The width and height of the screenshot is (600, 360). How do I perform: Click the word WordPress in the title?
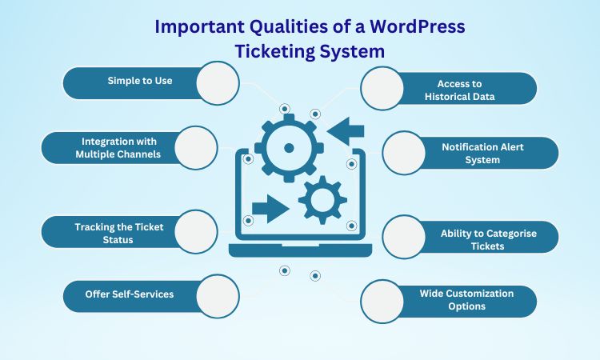(418, 26)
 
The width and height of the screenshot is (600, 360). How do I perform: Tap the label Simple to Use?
(140, 81)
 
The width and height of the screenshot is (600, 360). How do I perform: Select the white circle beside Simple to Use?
(218, 83)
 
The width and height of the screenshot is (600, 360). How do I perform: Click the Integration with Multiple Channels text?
(118, 148)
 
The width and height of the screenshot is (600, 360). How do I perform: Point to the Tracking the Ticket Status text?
(119, 233)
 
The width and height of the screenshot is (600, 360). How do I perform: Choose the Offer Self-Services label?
(130, 294)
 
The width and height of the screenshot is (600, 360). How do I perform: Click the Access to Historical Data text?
(459, 90)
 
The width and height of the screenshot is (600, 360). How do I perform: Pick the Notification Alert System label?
(482, 153)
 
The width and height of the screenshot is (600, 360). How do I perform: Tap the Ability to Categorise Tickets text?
(488, 239)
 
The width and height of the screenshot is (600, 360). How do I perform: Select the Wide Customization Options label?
(466, 299)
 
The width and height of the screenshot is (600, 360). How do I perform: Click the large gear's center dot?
(289, 148)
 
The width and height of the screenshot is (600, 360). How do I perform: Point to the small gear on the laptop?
(322, 200)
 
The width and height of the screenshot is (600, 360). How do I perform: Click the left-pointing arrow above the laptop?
(346, 132)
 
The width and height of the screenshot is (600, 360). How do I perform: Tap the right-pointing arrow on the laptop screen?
(270, 209)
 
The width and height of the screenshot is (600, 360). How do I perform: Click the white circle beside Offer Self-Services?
(218, 296)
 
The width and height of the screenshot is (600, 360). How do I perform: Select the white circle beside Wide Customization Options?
(382, 302)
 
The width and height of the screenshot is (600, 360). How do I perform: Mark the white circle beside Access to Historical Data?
(382, 88)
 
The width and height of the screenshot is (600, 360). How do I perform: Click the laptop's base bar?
(300, 250)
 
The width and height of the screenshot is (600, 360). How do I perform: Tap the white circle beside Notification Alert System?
(404, 153)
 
